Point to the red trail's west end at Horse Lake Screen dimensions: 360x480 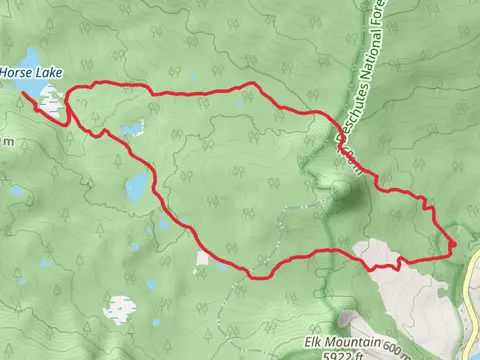click(x=21, y=93)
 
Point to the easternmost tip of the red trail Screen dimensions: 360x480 click(x=453, y=243)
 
